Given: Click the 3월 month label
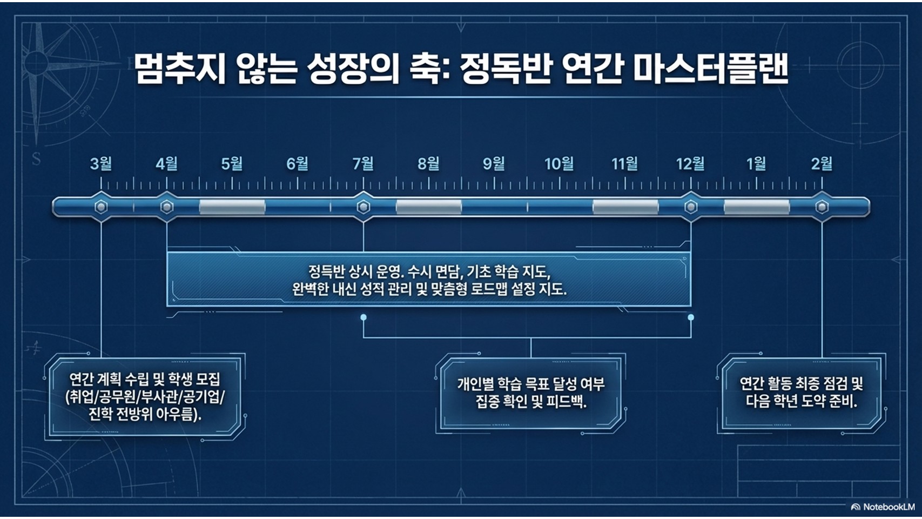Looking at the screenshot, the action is tap(101, 164).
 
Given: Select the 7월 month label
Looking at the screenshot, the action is tap(363, 164).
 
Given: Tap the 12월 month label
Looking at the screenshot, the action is tap(690, 164).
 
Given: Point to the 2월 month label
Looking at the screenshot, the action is tap(822, 164).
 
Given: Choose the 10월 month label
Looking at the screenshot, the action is tap(560, 164).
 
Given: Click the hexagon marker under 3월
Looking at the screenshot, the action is tap(101, 207).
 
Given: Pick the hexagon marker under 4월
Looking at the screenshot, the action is tap(166, 207).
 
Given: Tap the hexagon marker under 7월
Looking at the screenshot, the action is tap(363, 207).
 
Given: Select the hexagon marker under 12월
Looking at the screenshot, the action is tap(690, 207).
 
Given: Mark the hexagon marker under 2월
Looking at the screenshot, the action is tap(822, 207).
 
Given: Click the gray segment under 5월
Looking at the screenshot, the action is tap(232, 207).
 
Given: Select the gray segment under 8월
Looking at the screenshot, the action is tap(428, 207).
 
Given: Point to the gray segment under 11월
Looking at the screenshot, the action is tap(625, 207).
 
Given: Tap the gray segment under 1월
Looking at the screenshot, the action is tap(757, 207).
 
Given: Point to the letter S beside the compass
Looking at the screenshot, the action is tap(36, 159).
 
